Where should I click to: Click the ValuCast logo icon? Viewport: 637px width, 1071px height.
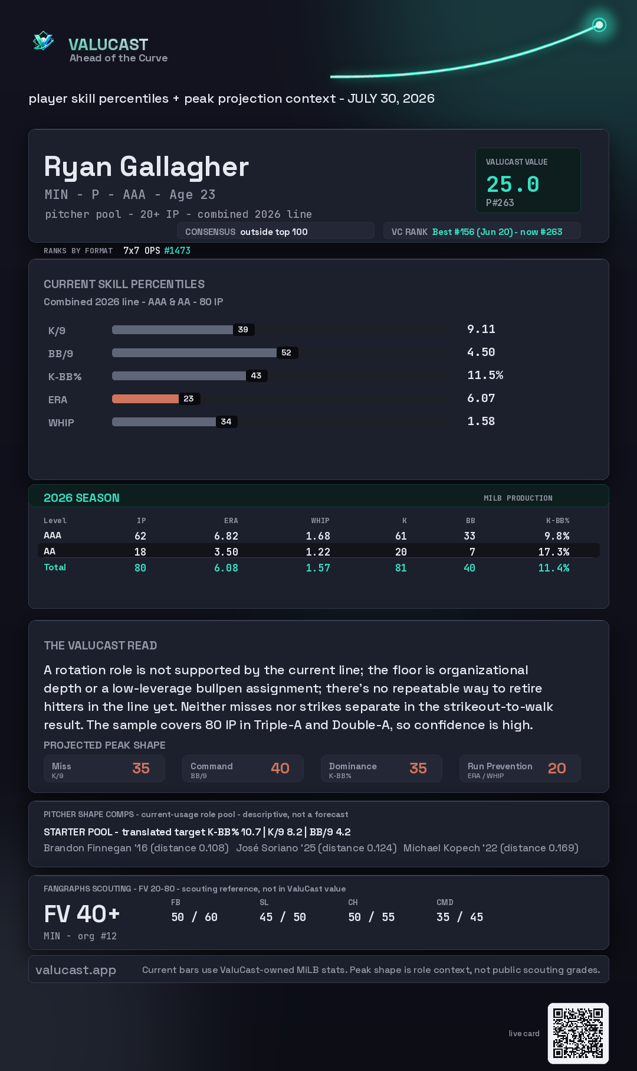(x=43, y=41)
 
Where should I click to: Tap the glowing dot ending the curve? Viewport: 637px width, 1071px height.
(x=599, y=25)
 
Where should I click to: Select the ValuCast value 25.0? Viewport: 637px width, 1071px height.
(x=513, y=184)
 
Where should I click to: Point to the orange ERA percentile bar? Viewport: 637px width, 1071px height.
(x=145, y=399)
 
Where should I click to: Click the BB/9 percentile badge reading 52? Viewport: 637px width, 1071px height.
(x=287, y=352)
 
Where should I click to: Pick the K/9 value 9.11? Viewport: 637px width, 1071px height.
(x=481, y=329)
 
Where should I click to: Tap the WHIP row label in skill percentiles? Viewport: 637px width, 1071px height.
(x=61, y=423)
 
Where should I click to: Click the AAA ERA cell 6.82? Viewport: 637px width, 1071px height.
(x=226, y=536)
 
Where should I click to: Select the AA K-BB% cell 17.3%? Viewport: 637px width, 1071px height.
(x=554, y=552)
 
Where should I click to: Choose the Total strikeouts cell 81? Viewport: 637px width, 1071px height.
(x=401, y=568)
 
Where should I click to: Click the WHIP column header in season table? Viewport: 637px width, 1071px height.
(x=320, y=521)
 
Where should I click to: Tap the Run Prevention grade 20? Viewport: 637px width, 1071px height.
(x=557, y=768)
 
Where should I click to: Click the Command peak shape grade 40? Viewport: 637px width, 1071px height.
(x=280, y=768)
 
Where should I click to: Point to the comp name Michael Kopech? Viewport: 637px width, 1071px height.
(x=442, y=848)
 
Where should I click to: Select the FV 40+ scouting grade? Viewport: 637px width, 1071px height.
(x=82, y=914)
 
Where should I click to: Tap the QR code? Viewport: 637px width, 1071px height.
(x=578, y=1033)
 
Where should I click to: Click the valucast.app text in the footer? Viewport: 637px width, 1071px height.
(x=75, y=970)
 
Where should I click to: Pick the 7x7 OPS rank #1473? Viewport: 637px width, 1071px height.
(x=177, y=250)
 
